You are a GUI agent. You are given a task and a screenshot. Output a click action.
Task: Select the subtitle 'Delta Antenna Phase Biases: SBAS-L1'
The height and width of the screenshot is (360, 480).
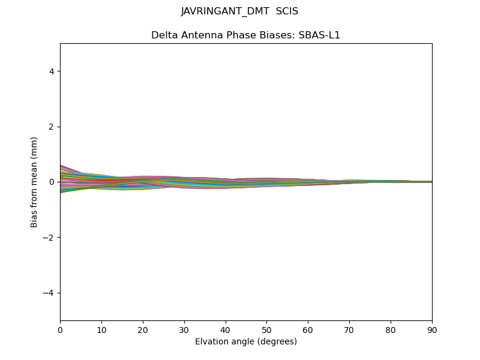[x=245, y=35]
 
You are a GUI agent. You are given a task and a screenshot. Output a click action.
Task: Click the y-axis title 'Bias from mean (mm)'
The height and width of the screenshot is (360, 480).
[x=34, y=182]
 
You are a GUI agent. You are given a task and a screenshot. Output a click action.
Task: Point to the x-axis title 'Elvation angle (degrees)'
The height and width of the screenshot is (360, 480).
[x=245, y=341]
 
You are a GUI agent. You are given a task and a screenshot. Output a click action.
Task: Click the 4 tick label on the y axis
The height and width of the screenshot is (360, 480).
[x=51, y=71]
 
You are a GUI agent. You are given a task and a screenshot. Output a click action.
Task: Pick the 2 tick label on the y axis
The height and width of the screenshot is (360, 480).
[x=51, y=127]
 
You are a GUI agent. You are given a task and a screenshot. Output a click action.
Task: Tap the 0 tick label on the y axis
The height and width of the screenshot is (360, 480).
[x=51, y=182]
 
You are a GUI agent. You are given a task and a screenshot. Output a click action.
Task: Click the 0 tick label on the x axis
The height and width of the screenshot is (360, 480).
[x=60, y=329]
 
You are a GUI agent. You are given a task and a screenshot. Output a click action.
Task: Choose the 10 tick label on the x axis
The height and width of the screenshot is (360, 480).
[x=101, y=329]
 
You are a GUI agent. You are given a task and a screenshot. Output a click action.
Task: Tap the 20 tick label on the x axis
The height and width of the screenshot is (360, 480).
[x=143, y=329]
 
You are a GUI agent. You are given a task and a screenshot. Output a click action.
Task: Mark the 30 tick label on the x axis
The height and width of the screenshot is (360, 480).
[x=184, y=329]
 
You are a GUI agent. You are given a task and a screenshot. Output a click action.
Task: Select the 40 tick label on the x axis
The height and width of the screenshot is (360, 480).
[x=226, y=329]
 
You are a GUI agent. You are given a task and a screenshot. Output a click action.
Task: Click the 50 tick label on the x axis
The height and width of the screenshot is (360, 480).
[x=266, y=329]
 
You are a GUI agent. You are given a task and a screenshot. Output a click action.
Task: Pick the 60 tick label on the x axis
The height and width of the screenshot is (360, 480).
[x=308, y=329]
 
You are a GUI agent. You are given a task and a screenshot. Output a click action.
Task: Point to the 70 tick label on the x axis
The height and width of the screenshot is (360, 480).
[x=349, y=329]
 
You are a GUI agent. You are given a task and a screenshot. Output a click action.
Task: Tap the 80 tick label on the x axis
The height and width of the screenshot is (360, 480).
[x=391, y=329]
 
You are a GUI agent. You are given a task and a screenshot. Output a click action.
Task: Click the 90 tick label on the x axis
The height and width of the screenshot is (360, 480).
[x=432, y=329]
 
